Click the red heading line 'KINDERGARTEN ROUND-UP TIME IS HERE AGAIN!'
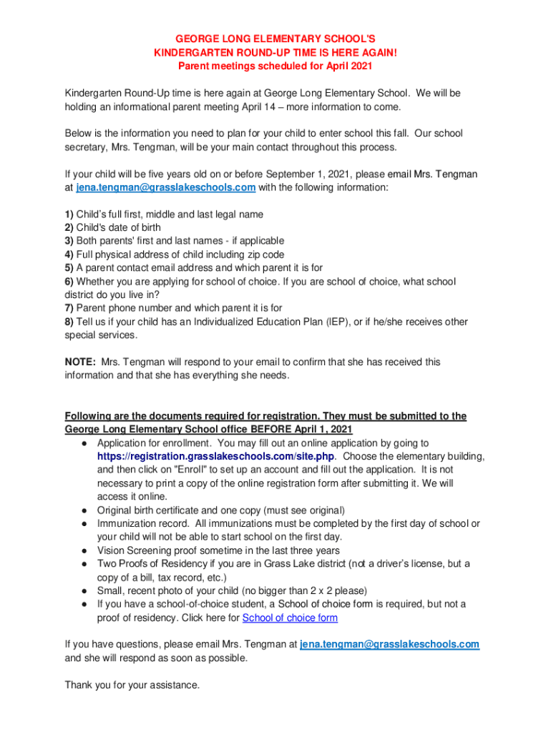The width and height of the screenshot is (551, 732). [275, 52]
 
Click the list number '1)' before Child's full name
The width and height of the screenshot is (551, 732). [69, 214]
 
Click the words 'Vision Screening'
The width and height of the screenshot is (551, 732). [133, 550]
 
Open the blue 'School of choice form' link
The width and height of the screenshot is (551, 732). [290, 618]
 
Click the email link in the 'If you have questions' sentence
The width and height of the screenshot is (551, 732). [389, 644]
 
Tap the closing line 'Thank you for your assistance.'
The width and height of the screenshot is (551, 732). [132, 685]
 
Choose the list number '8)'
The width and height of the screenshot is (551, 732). [69, 322]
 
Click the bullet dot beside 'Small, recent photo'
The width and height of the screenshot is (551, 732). [84, 590]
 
